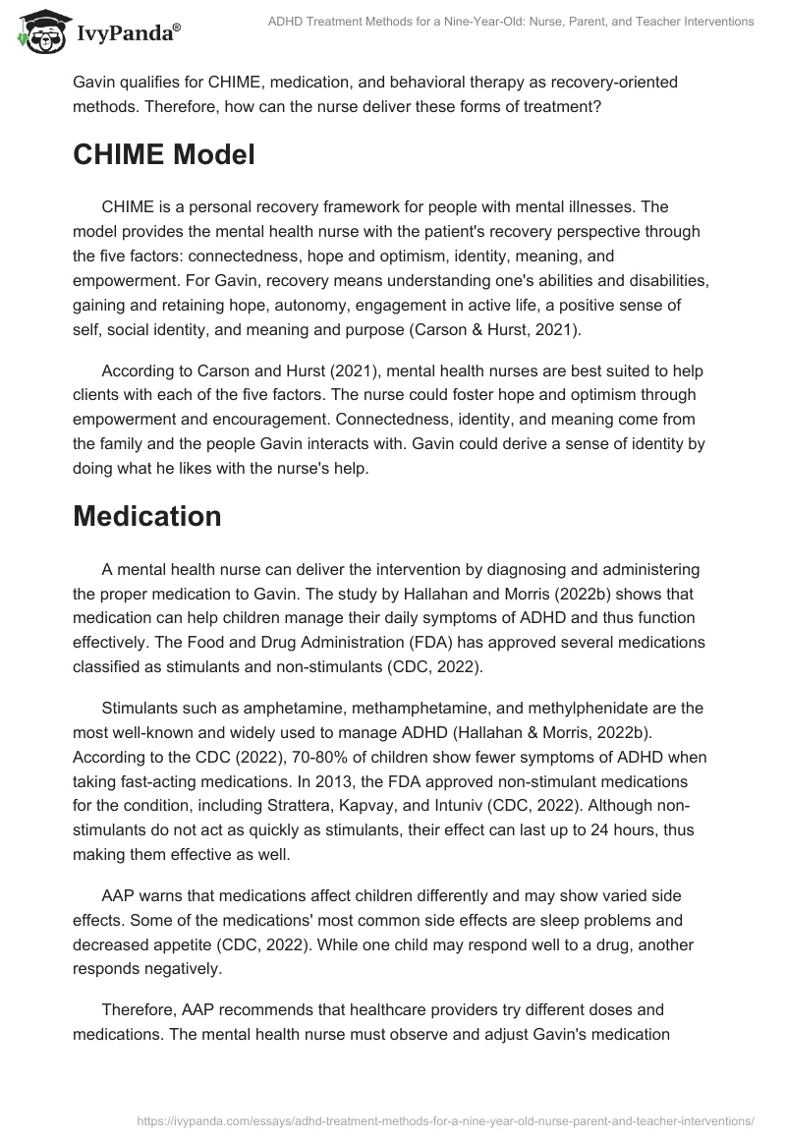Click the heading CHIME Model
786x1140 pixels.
click(164, 154)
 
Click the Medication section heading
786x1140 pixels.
click(147, 515)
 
